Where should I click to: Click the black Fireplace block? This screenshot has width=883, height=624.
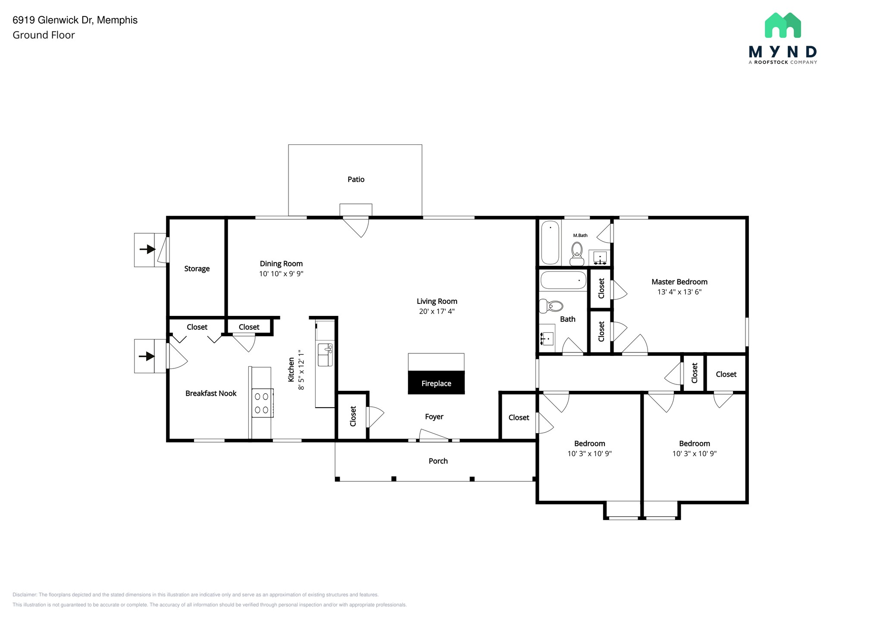pyautogui.click(x=436, y=382)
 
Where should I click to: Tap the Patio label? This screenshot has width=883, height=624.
pyautogui.click(x=356, y=179)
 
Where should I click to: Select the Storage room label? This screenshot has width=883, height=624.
pyautogui.click(x=197, y=268)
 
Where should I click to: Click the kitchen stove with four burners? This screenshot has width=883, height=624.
pyautogui.click(x=262, y=402)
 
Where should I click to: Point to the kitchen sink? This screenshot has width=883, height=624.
pyautogui.click(x=325, y=354)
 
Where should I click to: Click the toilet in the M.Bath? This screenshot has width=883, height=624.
pyautogui.click(x=576, y=253)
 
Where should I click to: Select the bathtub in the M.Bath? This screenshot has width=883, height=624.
pyautogui.click(x=550, y=242)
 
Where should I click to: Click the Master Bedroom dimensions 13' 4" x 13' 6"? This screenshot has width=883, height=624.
pyautogui.click(x=679, y=292)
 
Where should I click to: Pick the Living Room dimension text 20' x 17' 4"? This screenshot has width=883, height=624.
pyautogui.click(x=437, y=311)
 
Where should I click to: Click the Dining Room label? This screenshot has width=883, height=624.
pyautogui.click(x=281, y=263)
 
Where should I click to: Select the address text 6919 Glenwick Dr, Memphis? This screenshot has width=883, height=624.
pyautogui.click(x=75, y=20)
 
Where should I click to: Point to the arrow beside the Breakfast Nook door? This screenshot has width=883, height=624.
pyautogui.click(x=147, y=356)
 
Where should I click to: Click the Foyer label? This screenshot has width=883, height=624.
pyautogui.click(x=434, y=416)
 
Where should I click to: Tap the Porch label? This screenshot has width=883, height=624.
pyautogui.click(x=438, y=461)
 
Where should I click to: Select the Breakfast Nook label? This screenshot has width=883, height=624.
pyautogui.click(x=211, y=393)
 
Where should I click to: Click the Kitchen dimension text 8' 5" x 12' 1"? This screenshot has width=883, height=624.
pyautogui.click(x=301, y=370)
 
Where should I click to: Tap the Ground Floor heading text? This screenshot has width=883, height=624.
pyautogui.click(x=44, y=35)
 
